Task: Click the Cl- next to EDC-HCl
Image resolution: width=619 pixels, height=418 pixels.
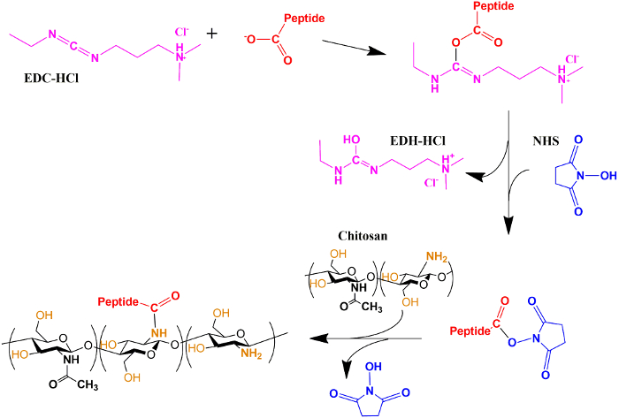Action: (x=180, y=34)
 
